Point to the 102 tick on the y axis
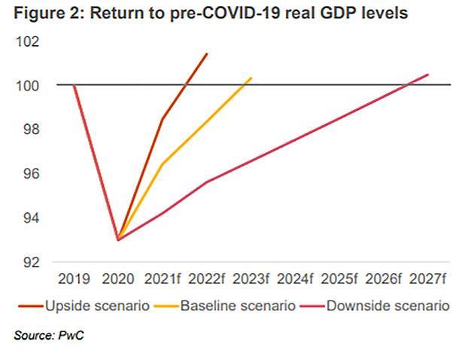[x=27, y=41]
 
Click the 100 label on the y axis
[x=27, y=85]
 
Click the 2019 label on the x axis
[x=74, y=279]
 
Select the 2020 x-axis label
[x=118, y=279]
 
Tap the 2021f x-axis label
[x=163, y=279]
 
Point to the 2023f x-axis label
[x=251, y=279]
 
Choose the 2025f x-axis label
[x=339, y=279]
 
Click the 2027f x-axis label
[x=428, y=279]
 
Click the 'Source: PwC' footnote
[x=49, y=334]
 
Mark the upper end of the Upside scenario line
[x=207, y=53]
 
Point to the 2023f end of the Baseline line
[x=251, y=78]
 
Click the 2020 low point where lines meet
[x=118, y=239]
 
